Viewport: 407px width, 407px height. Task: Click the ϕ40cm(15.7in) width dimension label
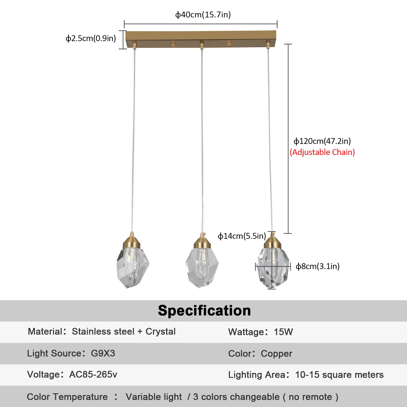(203, 15)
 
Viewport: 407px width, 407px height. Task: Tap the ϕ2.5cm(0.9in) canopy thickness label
(91, 38)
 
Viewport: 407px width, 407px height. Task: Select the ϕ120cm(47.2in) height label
(322, 141)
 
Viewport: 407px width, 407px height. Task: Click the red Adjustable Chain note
(322, 152)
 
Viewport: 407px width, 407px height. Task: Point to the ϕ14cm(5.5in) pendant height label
(242, 236)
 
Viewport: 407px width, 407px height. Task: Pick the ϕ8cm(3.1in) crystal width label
(317, 266)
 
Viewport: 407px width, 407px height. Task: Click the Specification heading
(204, 311)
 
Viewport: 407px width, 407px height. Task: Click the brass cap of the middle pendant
(202, 243)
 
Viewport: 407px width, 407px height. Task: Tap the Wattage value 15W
(283, 332)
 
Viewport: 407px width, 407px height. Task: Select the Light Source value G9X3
(103, 353)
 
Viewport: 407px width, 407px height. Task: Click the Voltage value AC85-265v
(93, 374)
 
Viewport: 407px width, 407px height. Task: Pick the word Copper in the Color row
(277, 354)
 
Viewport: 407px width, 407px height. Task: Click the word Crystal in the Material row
(161, 331)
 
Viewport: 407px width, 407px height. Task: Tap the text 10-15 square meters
(339, 375)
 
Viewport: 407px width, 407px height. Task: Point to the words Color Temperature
(67, 397)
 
